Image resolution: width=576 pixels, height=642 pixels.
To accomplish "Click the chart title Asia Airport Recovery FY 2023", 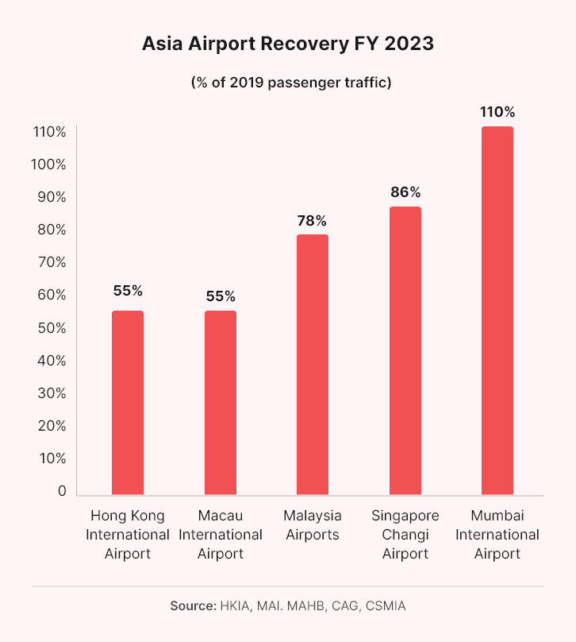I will (288, 44).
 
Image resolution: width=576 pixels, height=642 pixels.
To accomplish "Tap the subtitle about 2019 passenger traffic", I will (288, 83).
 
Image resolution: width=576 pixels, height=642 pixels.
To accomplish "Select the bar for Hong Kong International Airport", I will (128, 402).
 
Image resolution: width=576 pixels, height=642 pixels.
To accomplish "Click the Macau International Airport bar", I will (221, 402).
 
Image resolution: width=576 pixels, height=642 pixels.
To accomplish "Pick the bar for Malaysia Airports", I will (313, 364).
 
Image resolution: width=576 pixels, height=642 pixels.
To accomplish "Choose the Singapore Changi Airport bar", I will (405, 350).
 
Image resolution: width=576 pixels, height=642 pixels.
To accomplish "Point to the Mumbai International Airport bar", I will (497, 310).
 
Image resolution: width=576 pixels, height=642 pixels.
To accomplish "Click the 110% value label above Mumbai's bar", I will (497, 112).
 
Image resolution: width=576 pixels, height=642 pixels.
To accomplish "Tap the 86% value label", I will (405, 192).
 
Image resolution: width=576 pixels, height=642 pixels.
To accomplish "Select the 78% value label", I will (313, 220).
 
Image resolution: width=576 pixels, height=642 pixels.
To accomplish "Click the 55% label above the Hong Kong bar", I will (128, 291).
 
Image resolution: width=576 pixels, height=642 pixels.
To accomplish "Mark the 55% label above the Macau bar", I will (221, 296).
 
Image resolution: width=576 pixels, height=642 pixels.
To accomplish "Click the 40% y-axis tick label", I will (51, 361).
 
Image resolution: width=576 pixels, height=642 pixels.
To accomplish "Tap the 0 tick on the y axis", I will (62, 491).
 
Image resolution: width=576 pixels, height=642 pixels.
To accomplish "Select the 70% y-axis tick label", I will (51, 263).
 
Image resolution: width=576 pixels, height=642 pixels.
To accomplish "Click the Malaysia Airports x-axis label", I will (313, 524).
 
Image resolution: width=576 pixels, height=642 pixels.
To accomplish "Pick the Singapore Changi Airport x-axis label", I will (405, 534).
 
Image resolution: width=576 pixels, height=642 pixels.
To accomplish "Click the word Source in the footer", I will (192, 606).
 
